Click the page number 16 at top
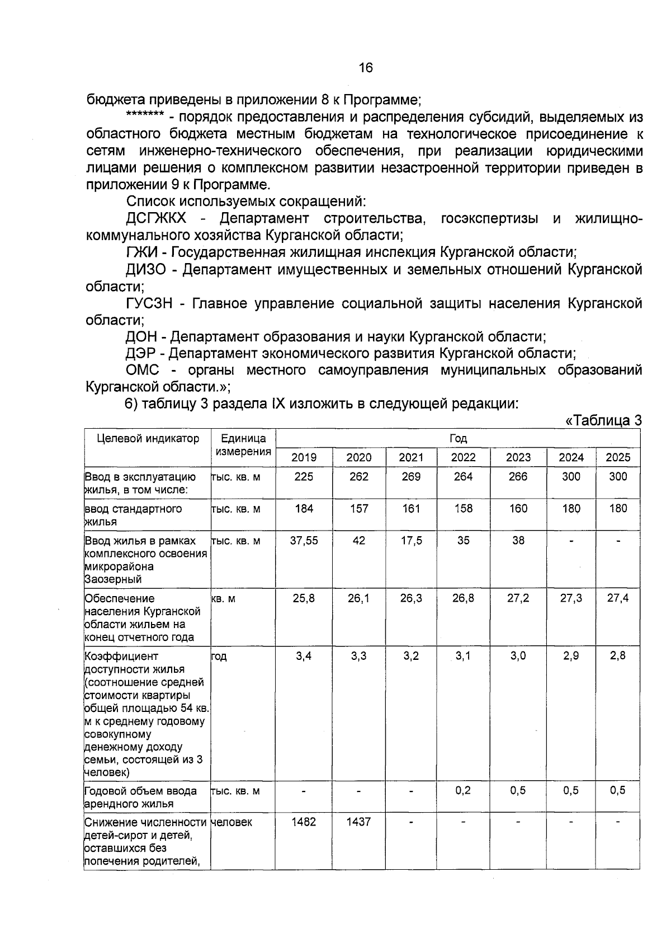click(365, 68)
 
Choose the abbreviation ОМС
click(143, 371)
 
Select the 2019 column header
click(304, 457)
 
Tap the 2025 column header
click(618, 457)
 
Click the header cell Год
click(458, 439)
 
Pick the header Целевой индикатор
click(148, 439)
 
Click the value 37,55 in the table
click(304, 541)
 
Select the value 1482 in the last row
click(304, 822)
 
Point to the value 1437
click(358, 822)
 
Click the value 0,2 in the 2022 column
click(463, 790)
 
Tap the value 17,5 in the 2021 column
click(411, 541)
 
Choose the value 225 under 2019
click(304, 476)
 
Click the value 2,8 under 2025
click(618, 655)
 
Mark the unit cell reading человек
click(231, 822)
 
